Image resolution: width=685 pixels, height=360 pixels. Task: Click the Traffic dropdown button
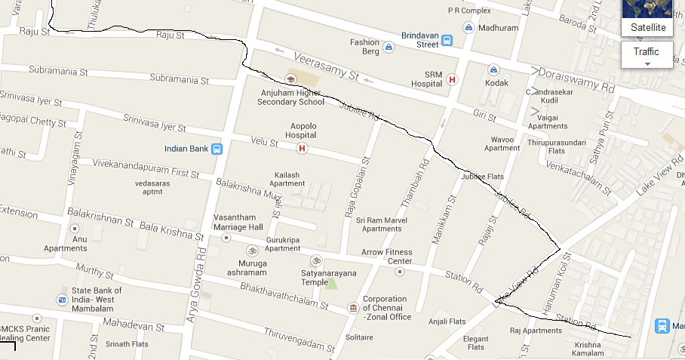pyautogui.click(x=647, y=54)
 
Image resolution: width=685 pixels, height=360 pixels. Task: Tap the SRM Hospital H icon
pyautogui.click(x=452, y=79)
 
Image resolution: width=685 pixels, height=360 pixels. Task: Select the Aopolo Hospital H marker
pyautogui.click(x=303, y=148)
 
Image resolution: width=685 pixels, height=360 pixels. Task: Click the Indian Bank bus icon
pyautogui.click(x=217, y=149)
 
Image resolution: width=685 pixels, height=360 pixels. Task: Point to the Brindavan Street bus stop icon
pyautogui.click(x=447, y=40)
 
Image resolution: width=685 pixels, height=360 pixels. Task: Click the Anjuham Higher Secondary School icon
pyautogui.click(x=290, y=78)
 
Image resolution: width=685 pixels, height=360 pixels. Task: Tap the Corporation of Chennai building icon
pyautogui.click(x=352, y=308)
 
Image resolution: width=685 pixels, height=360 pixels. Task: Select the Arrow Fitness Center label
pyautogui.click(x=386, y=257)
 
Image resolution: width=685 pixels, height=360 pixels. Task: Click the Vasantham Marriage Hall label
pyautogui.click(x=238, y=221)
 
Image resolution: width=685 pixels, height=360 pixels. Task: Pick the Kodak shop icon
pyautogui.click(x=493, y=69)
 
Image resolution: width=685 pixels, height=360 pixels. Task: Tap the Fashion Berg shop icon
pyautogui.click(x=389, y=48)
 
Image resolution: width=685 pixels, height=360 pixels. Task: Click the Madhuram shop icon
pyautogui.click(x=469, y=28)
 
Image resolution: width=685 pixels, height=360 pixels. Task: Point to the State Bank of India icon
pyautogui.click(x=61, y=300)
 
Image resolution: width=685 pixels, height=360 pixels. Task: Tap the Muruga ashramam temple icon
pyautogui.click(x=252, y=251)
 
